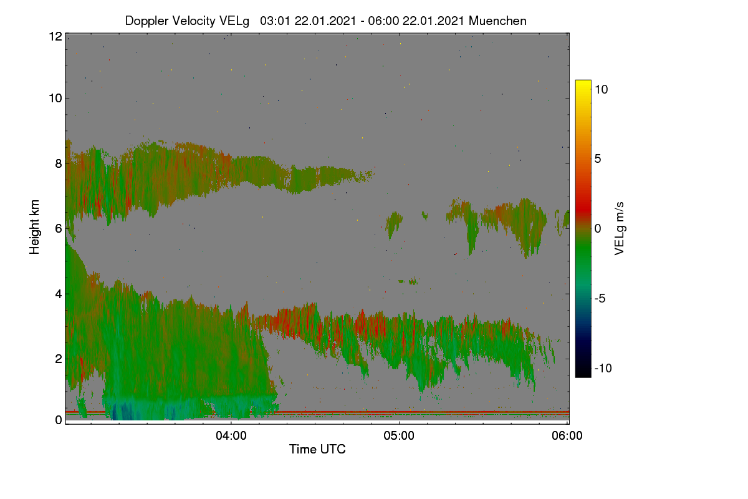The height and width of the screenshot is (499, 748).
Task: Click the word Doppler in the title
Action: [x=146, y=21]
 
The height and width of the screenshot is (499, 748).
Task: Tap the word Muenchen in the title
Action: [x=497, y=21]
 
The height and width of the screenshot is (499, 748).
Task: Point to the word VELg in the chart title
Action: [x=234, y=21]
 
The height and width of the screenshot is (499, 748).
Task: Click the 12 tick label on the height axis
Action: [x=55, y=36]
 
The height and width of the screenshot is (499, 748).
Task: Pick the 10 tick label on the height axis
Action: [x=55, y=99]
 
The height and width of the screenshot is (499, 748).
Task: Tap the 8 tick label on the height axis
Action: [x=59, y=163]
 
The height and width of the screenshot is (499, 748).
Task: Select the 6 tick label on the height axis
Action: [x=59, y=229]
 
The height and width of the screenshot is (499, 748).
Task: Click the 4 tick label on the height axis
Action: [x=59, y=294]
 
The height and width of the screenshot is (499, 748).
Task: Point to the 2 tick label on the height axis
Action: [x=59, y=359]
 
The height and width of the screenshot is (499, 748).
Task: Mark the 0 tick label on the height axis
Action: [x=59, y=420]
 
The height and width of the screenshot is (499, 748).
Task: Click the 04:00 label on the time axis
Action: [x=231, y=435]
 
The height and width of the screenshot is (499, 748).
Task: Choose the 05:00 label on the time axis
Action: [x=399, y=435]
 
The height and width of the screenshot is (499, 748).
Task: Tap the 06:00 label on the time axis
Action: [x=567, y=435]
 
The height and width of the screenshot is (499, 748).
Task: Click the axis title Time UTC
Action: [x=317, y=449]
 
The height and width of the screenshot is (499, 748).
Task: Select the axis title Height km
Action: [x=34, y=227]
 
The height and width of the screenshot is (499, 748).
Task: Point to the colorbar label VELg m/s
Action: [x=620, y=229]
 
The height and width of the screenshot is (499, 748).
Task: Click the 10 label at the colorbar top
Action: [x=602, y=89]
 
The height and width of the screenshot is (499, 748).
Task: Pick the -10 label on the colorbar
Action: [x=603, y=368]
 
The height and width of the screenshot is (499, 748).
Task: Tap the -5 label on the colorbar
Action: [x=600, y=298]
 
